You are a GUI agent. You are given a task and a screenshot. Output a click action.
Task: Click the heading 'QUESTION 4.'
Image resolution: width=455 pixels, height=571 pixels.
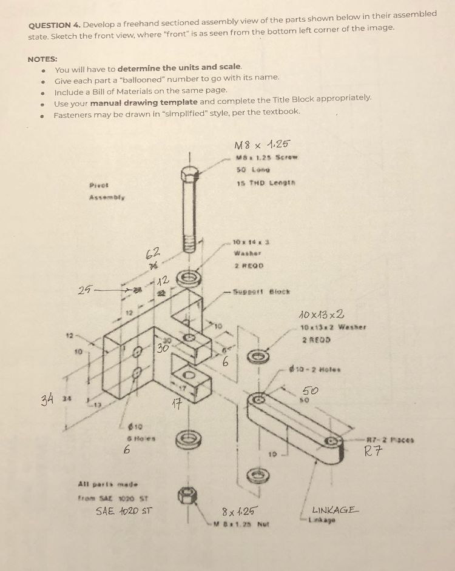click(x=55, y=25)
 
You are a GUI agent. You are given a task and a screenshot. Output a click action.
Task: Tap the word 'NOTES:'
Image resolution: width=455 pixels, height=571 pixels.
click(x=42, y=59)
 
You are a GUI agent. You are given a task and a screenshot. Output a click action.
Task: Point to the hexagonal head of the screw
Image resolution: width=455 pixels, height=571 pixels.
click(x=189, y=175)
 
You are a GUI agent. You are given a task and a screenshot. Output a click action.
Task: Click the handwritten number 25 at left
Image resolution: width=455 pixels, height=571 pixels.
click(x=86, y=291)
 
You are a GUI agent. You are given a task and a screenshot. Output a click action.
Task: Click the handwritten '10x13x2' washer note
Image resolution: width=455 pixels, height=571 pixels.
click(x=322, y=315)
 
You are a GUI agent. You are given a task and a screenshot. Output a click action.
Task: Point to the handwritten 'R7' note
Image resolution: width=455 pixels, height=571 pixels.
click(x=373, y=451)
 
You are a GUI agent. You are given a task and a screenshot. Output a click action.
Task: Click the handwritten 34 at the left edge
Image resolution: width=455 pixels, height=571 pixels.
click(x=47, y=399)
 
